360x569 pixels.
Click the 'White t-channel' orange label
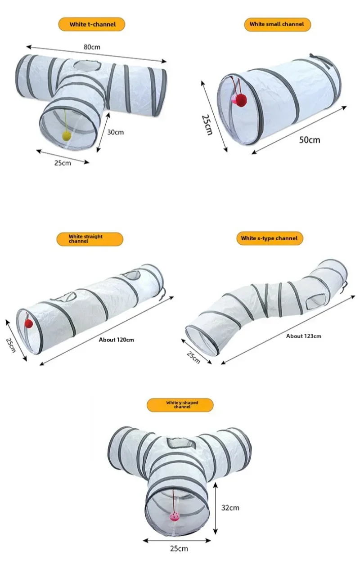pyautogui.click(x=91, y=24)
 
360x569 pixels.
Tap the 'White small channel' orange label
pyautogui.click(x=277, y=24)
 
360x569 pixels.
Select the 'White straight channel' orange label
pyautogui.click(x=90, y=239)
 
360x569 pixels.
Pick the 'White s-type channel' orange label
pyautogui.click(x=269, y=238)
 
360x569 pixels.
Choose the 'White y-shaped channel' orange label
pyautogui.click(x=180, y=405)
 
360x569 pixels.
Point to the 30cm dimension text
pyautogui.click(x=115, y=132)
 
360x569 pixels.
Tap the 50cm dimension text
pyautogui.click(x=310, y=140)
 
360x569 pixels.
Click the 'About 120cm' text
pyautogui.click(x=117, y=340)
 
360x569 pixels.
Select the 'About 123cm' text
pyautogui.click(x=304, y=336)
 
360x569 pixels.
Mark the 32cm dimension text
pyautogui.click(x=231, y=508)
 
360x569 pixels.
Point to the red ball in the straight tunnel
pyautogui.click(x=29, y=323)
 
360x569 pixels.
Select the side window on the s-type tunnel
pyautogui.click(x=315, y=299)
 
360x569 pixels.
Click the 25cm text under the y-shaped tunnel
pyautogui.click(x=179, y=548)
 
